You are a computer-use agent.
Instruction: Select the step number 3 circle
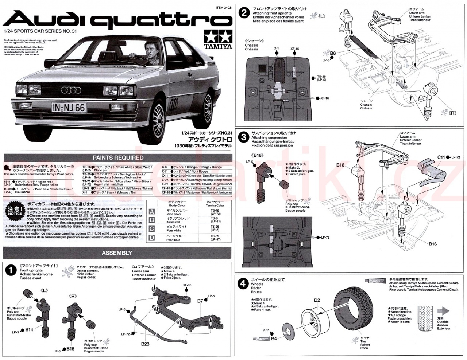point(243,137)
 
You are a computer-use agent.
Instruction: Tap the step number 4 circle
point(243,284)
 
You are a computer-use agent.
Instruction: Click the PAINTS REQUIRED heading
point(118,158)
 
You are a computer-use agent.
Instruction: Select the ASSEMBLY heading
point(117,253)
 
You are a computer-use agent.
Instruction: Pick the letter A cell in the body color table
point(152,212)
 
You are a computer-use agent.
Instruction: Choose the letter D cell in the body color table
point(152,238)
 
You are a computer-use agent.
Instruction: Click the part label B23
point(145,344)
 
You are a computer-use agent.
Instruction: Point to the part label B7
point(200,301)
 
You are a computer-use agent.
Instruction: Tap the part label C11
point(441,157)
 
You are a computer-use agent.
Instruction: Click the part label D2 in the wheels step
point(317,301)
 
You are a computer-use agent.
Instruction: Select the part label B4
point(274,338)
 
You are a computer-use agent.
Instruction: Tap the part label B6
point(333,53)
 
